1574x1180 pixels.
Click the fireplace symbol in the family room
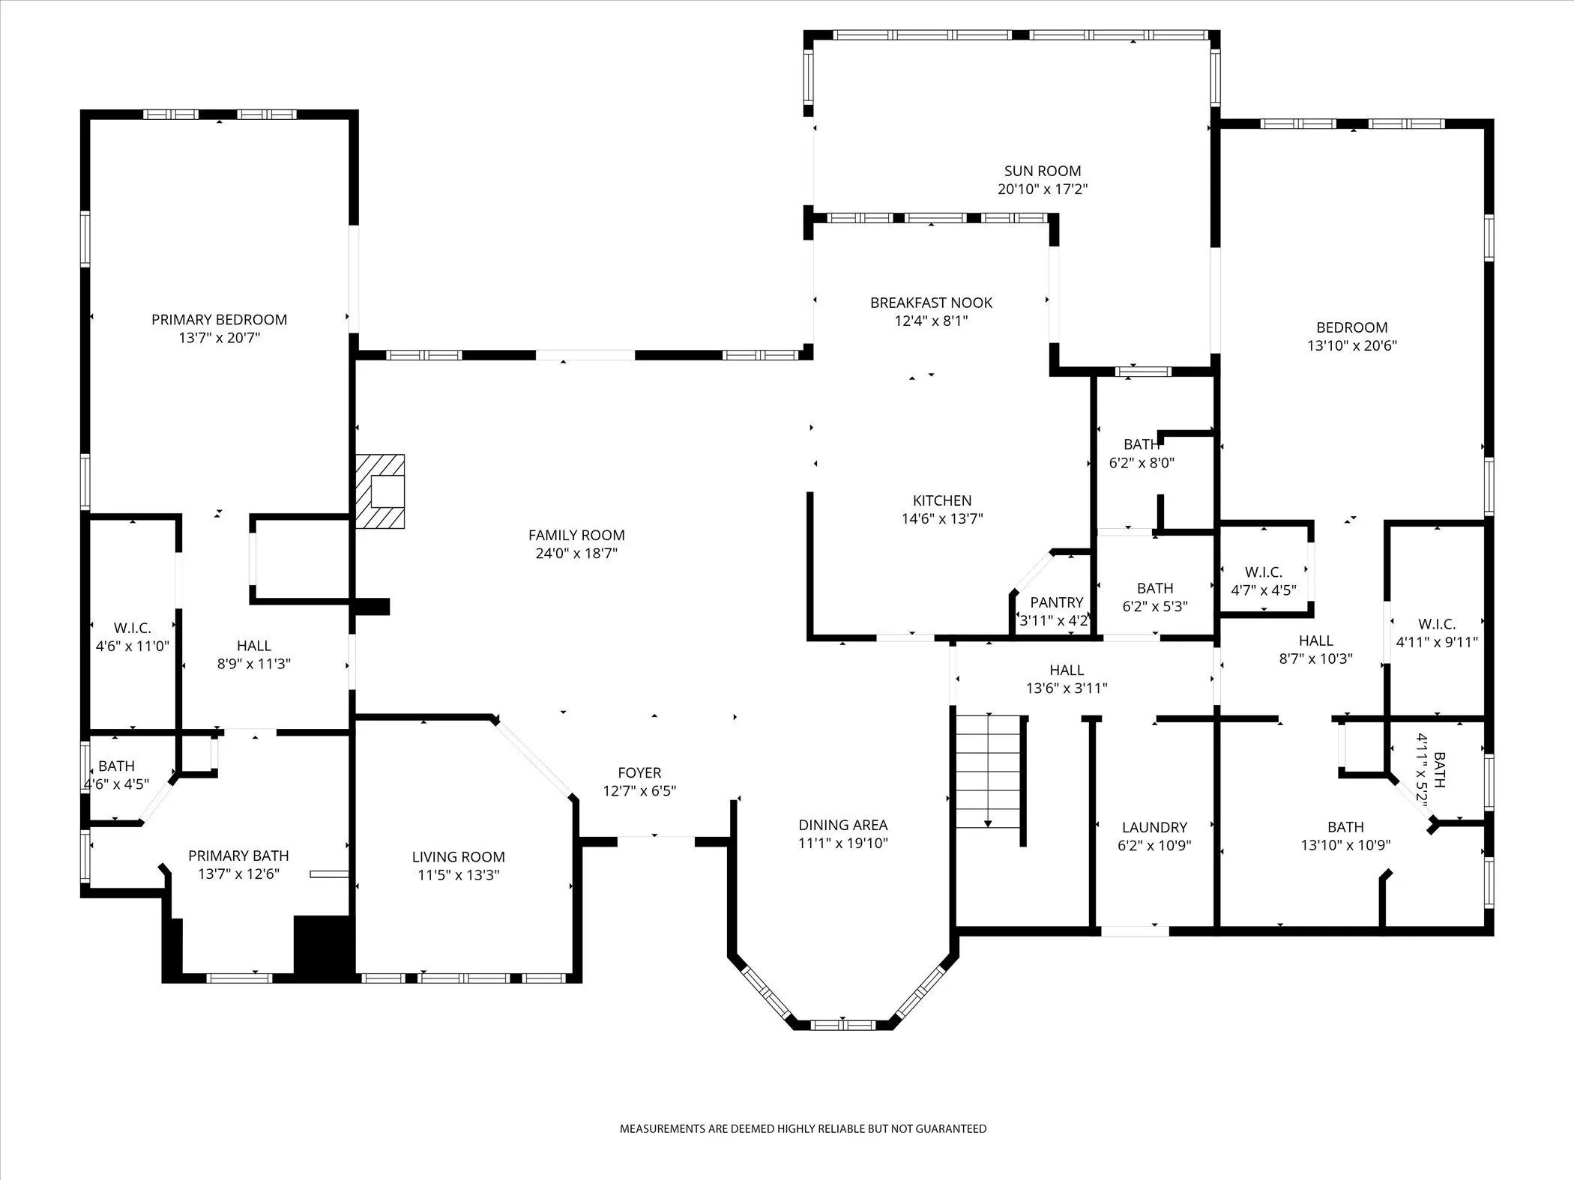(x=381, y=491)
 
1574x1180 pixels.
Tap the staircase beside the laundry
(x=988, y=772)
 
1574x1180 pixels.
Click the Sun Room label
(x=1042, y=171)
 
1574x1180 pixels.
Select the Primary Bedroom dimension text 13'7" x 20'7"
(x=219, y=338)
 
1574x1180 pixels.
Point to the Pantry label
(x=1056, y=602)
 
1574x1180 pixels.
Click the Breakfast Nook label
(x=931, y=303)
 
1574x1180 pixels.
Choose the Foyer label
(x=639, y=772)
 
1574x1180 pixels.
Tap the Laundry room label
(x=1154, y=827)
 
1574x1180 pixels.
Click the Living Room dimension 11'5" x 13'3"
(x=458, y=875)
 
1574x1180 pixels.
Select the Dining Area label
(x=842, y=825)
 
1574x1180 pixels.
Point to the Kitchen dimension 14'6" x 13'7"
(x=942, y=518)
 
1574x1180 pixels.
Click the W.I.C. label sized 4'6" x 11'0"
(x=133, y=628)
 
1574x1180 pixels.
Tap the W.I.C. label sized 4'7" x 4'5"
(x=1263, y=572)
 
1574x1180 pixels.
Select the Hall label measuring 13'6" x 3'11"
(x=1066, y=670)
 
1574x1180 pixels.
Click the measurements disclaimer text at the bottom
(x=803, y=1128)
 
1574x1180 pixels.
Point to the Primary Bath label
(x=238, y=856)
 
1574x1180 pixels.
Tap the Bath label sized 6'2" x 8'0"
(x=1141, y=445)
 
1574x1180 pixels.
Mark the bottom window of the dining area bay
(x=842, y=1024)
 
